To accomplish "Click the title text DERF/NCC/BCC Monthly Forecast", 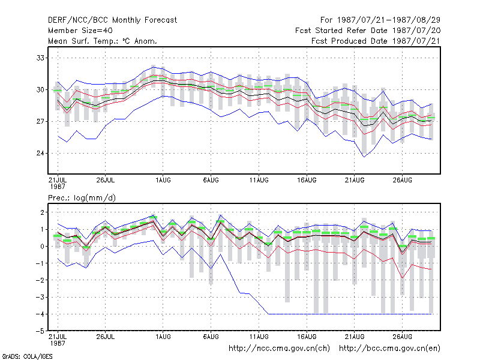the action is coord(112,20).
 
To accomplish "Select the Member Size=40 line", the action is coord(80,31).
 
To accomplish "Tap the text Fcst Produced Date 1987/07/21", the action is coord(376,41).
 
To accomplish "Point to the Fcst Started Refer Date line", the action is coord(368,31).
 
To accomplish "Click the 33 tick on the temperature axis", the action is coord(40,58).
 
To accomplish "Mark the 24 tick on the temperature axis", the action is coord(40,153).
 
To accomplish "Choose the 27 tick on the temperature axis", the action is coord(40,122).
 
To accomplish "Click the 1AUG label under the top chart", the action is coord(163,181).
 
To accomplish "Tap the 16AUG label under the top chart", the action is coord(307,181).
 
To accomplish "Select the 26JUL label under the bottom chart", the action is coord(106,337).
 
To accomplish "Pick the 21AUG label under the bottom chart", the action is coord(355,337).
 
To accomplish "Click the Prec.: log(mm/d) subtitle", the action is coord(82,198).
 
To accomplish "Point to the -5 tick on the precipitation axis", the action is coord(40,331).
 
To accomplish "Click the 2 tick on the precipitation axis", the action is coord(42,212).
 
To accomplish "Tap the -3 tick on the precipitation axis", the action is coord(40,297).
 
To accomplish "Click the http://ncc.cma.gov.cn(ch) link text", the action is coord(279,349).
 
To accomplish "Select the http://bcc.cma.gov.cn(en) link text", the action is coord(389,349).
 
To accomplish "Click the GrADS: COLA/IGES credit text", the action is coord(27,356).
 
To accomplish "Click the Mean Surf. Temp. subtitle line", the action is coord(103,41).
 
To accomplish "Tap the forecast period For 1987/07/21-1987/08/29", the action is coord(380,20).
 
